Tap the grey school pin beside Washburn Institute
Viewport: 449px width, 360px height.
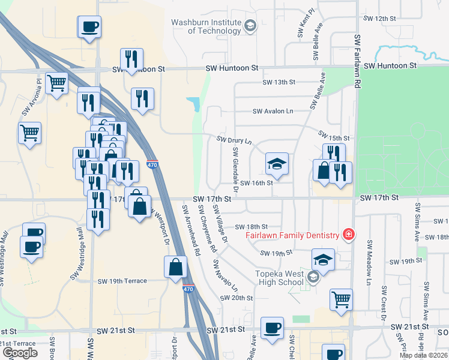250,25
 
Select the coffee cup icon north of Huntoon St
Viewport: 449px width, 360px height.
89,27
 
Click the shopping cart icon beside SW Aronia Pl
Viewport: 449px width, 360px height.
56,83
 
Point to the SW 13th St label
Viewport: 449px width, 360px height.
279,82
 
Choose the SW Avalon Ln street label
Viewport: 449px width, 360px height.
273,111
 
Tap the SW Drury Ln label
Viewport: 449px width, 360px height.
234,140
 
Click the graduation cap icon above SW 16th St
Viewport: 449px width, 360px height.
277,163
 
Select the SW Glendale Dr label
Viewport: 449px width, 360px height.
236,171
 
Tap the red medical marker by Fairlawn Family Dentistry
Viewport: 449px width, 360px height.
347,234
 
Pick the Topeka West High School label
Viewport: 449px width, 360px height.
280,278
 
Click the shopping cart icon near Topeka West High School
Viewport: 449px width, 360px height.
341,299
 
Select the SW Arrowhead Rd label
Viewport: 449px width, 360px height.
191,231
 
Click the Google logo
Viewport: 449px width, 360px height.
20,353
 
